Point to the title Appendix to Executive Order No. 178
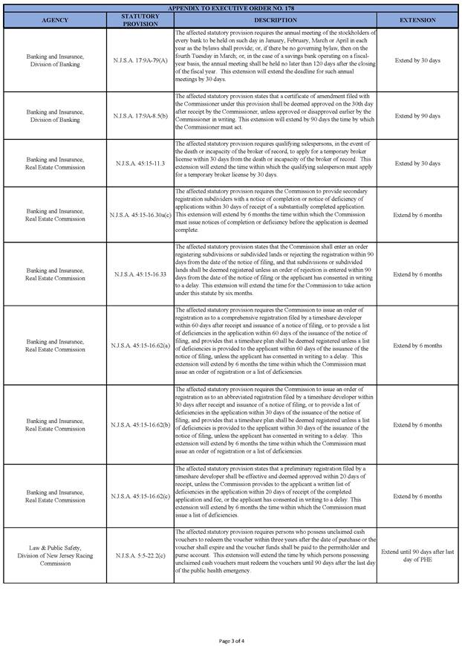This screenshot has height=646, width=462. (231, 7)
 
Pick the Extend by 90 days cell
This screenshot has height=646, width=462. (417, 115)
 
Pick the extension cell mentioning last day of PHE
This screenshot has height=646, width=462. (417, 555)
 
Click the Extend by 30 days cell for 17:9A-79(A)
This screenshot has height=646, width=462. (417, 59)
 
